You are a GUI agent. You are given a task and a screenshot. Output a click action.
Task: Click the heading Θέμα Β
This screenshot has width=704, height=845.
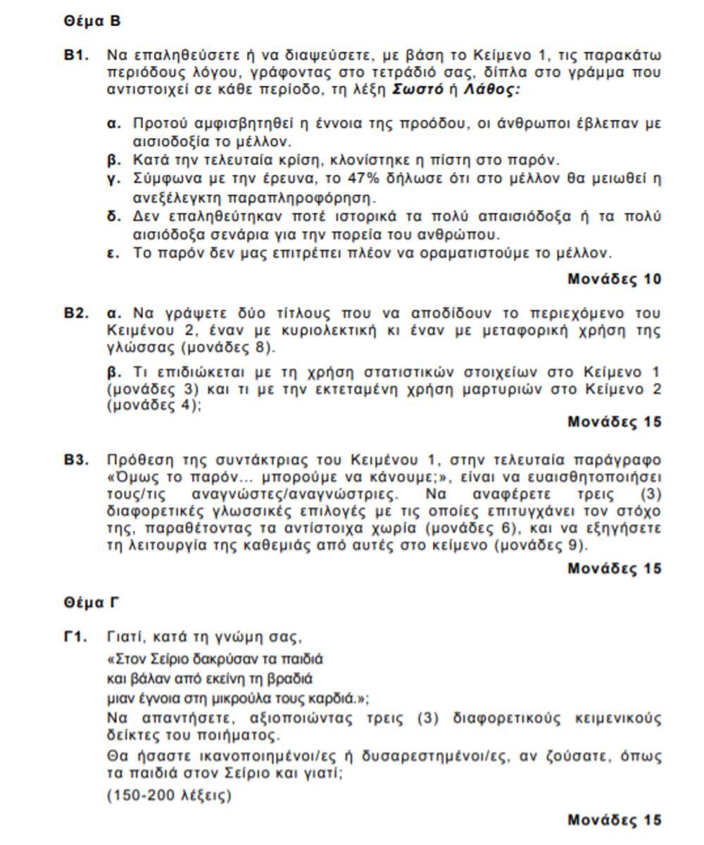pyautogui.click(x=92, y=21)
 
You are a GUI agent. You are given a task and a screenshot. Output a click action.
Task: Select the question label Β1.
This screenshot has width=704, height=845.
pyautogui.click(x=77, y=55)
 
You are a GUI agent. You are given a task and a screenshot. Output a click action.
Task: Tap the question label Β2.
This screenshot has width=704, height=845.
pyautogui.click(x=77, y=313)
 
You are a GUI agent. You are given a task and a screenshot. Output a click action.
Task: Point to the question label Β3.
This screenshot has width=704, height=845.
pyautogui.click(x=77, y=460)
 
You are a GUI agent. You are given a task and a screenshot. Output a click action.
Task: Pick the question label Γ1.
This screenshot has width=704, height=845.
pyautogui.click(x=75, y=638)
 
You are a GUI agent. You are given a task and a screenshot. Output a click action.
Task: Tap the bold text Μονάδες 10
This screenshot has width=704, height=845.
pyautogui.click(x=614, y=279)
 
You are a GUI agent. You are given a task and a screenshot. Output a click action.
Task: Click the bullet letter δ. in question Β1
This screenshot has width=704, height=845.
pyautogui.click(x=114, y=216)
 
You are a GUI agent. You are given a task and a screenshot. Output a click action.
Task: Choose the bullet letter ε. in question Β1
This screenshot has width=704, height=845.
pyautogui.click(x=113, y=252)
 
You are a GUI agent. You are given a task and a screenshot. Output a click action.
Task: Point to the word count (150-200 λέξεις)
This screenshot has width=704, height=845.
pyautogui.click(x=169, y=796)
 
